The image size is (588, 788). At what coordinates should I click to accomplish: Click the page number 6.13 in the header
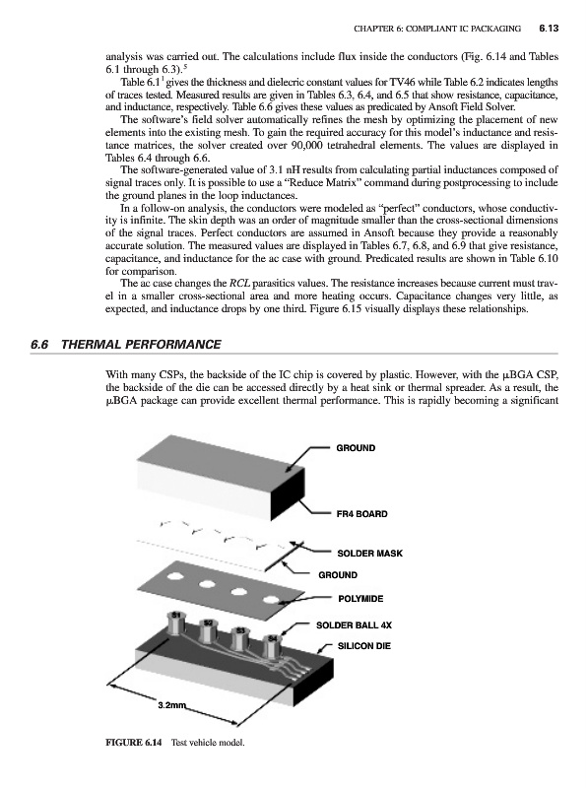(549, 29)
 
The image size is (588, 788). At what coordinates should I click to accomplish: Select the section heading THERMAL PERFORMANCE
(141, 344)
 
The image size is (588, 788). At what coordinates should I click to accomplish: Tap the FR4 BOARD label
(361, 514)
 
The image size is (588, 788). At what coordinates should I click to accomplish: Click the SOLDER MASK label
(370, 554)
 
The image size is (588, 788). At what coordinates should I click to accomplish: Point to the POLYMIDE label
(360, 599)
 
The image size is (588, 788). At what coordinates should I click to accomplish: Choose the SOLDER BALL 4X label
(354, 625)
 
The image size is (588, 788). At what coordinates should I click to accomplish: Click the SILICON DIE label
(363, 646)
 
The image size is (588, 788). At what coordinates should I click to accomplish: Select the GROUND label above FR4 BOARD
(356, 448)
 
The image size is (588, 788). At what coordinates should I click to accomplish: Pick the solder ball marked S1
(176, 624)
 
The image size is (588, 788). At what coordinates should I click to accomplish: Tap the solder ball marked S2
(208, 631)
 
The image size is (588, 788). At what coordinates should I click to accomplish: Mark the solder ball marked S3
(240, 639)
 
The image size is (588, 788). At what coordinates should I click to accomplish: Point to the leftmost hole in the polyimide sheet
(176, 575)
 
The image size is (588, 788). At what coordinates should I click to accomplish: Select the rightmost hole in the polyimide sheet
(272, 600)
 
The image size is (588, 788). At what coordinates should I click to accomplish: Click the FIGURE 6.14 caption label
(134, 743)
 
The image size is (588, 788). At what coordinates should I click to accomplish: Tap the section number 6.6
(38, 344)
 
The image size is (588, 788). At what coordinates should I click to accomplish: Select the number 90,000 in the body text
(307, 145)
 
